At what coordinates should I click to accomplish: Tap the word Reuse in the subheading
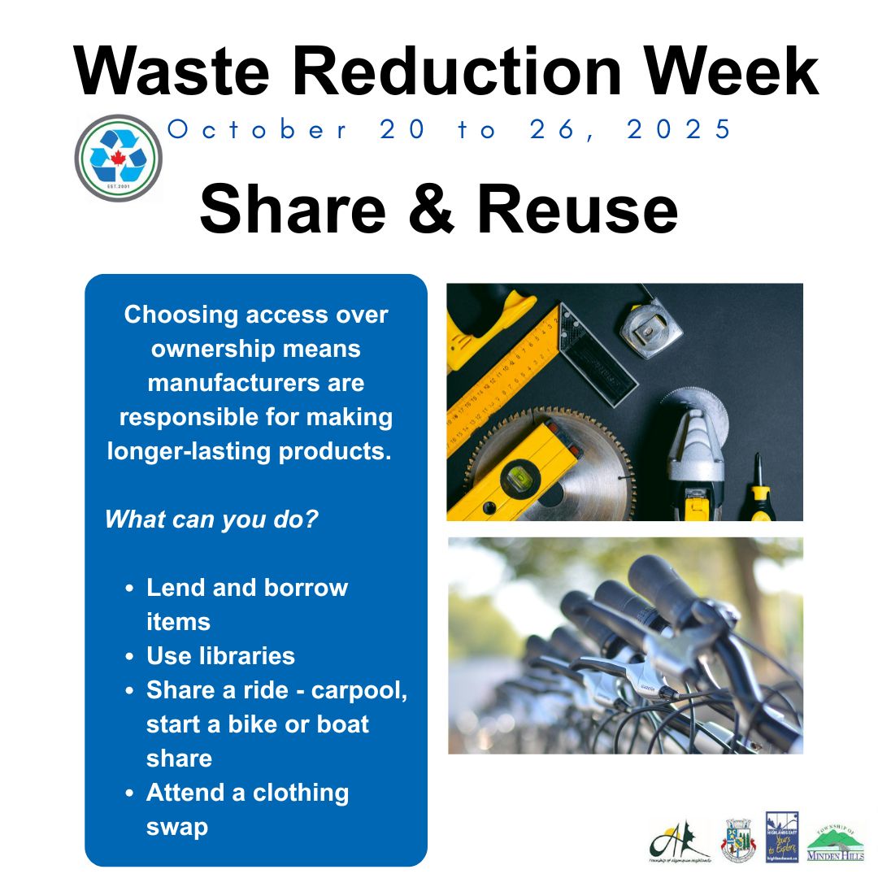pos(577,208)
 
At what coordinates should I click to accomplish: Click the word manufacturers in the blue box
pos(256,382)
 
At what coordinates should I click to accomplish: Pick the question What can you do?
pos(211,519)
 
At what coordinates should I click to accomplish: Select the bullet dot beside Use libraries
pos(130,656)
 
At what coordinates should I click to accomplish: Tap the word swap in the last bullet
pos(176,827)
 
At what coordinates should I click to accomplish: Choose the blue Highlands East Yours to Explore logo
pos(782,837)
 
